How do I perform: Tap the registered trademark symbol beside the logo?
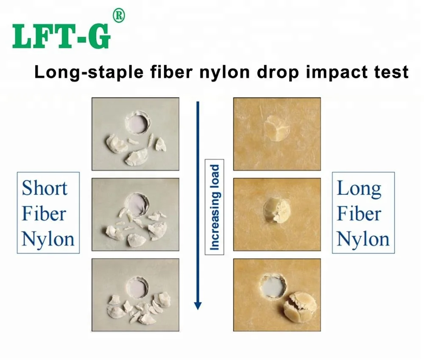(118, 16)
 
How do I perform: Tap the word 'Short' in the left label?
(45, 188)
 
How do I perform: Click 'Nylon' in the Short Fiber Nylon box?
(48, 238)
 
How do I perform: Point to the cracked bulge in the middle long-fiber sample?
(276, 208)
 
